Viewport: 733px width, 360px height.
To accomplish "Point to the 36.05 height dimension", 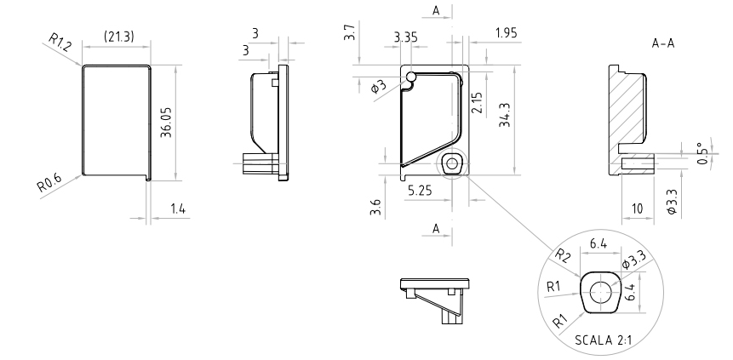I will coord(167,123).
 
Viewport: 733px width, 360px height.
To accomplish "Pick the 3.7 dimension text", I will coord(346,33).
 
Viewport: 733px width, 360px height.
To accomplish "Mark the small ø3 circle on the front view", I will coord(411,77).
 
